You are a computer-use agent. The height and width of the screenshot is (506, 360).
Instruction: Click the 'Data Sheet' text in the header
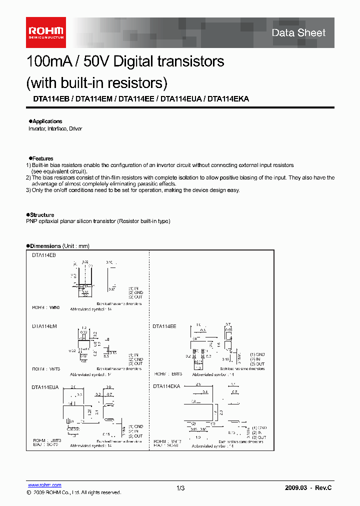coord(298,33)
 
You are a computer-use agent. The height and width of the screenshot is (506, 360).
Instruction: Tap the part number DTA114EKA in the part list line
coord(228,99)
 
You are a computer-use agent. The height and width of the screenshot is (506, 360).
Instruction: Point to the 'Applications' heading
coord(47,121)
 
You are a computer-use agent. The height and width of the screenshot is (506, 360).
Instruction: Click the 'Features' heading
coord(42,158)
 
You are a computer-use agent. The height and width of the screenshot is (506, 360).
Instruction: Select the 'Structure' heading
coord(43,215)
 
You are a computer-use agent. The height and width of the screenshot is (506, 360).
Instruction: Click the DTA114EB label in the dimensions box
coord(44,255)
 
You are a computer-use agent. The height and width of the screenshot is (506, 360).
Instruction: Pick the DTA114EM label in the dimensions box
coord(44,326)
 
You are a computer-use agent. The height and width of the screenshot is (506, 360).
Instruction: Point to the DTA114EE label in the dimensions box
coord(164,326)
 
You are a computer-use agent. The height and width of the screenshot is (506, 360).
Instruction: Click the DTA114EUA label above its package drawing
coord(45,387)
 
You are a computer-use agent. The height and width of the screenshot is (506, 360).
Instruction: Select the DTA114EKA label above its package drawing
coord(166,386)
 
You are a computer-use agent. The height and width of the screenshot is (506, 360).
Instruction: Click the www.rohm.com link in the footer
coord(44,485)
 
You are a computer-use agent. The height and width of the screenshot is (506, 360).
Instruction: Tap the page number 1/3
coord(180,487)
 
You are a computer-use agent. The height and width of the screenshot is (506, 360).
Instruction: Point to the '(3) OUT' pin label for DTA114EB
coord(135,297)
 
